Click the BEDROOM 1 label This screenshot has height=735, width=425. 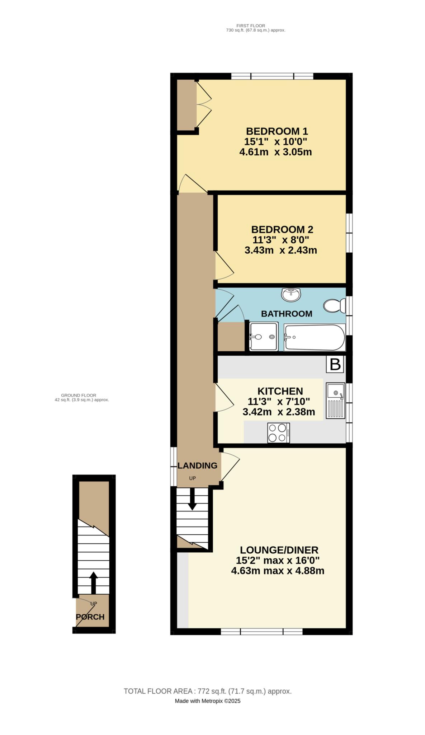[x=277, y=131]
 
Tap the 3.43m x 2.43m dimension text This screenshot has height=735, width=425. [x=280, y=250]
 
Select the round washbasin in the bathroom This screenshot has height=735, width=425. [x=291, y=295]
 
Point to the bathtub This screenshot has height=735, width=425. [x=314, y=337]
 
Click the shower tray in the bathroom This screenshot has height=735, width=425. [x=264, y=336]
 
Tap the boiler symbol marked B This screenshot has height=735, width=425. [x=335, y=364]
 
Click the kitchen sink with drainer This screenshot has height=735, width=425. [x=335, y=401]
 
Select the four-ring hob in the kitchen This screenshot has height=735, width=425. [x=278, y=432]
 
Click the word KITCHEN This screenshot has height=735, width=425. [x=280, y=391]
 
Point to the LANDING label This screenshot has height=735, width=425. [x=197, y=465]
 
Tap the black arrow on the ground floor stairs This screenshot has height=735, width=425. [x=93, y=582]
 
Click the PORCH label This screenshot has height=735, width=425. [x=90, y=617]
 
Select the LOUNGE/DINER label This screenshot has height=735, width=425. [x=279, y=550]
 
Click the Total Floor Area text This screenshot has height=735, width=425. [x=207, y=691]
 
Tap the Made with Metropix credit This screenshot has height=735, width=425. [x=207, y=701]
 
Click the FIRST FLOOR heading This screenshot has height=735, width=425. [x=250, y=25]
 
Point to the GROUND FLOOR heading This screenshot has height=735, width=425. [x=79, y=395]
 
